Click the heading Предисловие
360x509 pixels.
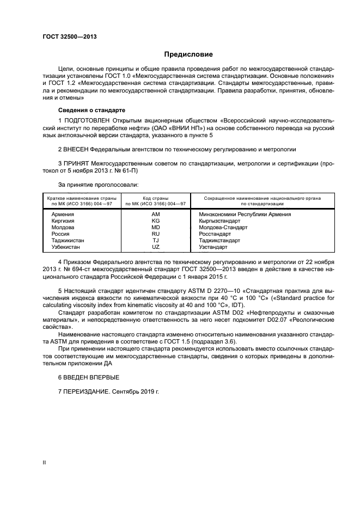(188, 54)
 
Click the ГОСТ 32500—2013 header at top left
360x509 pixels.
(66, 37)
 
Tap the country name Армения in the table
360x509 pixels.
(63, 214)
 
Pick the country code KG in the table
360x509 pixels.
(156, 221)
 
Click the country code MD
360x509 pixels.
(156, 228)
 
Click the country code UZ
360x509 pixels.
(156, 247)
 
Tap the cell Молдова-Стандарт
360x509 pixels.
(223, 228)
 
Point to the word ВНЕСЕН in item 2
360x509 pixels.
(78, 149)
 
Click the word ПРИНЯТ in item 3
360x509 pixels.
(78, 163)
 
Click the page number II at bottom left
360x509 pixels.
(45, 463)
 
